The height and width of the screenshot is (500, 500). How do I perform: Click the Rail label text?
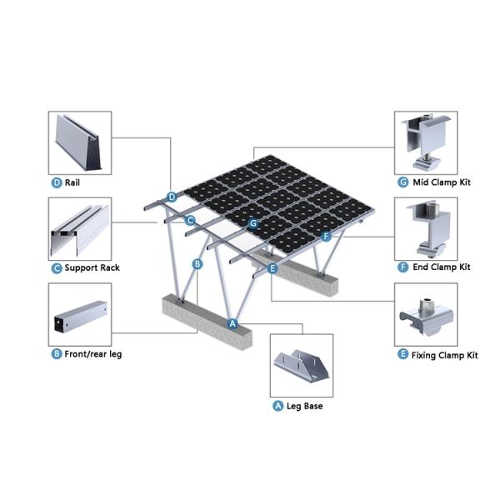72,182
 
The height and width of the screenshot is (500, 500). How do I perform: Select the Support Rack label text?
92,267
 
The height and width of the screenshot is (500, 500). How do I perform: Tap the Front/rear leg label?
93,354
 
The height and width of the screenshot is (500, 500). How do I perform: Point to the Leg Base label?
304,406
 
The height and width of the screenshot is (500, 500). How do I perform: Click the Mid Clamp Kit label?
442,182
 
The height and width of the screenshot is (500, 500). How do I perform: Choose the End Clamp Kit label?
442,267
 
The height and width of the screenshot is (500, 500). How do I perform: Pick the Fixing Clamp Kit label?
444,355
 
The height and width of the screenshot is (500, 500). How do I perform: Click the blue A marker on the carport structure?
232,323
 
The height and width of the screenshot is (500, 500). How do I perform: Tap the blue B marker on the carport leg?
197,264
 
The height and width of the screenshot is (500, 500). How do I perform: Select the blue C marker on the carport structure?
190,220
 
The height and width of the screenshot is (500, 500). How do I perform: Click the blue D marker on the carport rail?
172,197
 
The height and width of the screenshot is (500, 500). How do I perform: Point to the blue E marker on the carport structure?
272,268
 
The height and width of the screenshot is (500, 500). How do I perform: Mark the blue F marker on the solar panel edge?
326,237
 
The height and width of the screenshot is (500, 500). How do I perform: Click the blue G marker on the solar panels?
253,223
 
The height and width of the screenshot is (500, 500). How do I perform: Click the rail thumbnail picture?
80,142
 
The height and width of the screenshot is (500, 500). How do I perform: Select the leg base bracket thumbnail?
302,366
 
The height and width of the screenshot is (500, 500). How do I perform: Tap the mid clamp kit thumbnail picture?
426,142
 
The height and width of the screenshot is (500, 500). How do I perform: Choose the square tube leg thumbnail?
80,314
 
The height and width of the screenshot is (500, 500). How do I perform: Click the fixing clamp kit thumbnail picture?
426,314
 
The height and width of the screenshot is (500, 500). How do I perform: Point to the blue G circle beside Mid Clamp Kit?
403,182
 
